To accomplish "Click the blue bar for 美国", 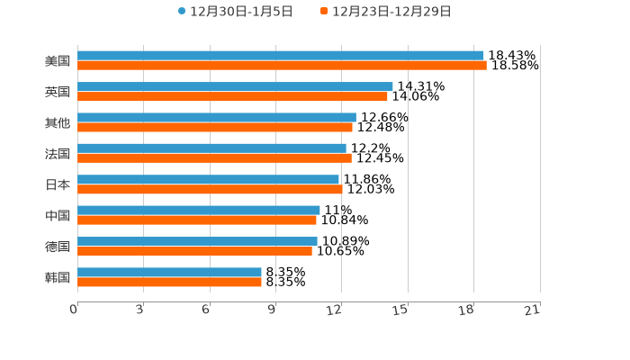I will [280, 56].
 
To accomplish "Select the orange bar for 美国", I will [282, 66].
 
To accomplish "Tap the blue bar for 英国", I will [235, 86].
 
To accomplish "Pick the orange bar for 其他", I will [215, 128].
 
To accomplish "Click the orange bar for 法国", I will [214, 158].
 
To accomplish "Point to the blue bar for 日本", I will [208, 179].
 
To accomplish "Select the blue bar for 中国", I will [199, 210].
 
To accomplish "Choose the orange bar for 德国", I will [194, 251].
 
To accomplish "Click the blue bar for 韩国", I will [169, 272].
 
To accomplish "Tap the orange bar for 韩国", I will [169, 282].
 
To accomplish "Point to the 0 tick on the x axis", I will [74, 310].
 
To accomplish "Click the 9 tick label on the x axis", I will [272, 310].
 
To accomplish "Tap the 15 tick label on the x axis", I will [400, 310].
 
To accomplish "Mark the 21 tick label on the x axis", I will [533, 310].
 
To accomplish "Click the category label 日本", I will [58, 184].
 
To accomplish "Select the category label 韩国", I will [58, 277].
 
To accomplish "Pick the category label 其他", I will [58, 122].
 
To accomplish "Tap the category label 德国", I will [58, 247].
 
